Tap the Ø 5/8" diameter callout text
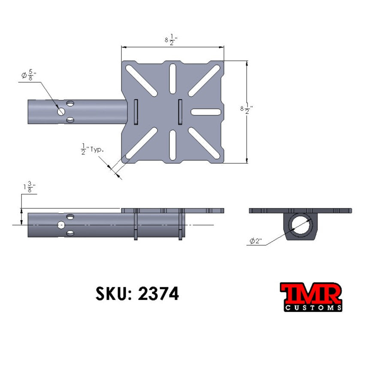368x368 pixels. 29,75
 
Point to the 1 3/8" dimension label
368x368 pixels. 29,188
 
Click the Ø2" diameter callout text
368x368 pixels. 256,241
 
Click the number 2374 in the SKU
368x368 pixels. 158,294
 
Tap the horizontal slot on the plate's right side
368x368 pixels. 206,112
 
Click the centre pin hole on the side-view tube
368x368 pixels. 61,225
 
